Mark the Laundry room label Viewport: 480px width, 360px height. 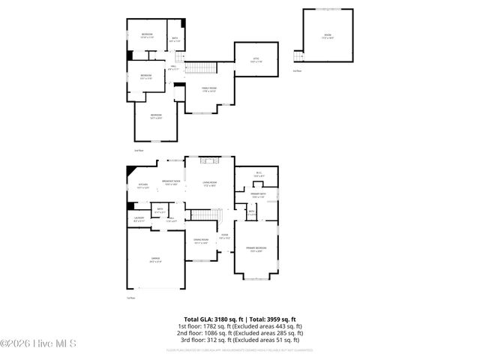138,220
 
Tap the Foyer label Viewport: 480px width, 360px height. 224,237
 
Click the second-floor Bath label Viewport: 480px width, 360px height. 175,40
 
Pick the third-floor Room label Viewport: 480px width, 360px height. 327,36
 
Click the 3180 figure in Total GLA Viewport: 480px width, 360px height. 226,319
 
